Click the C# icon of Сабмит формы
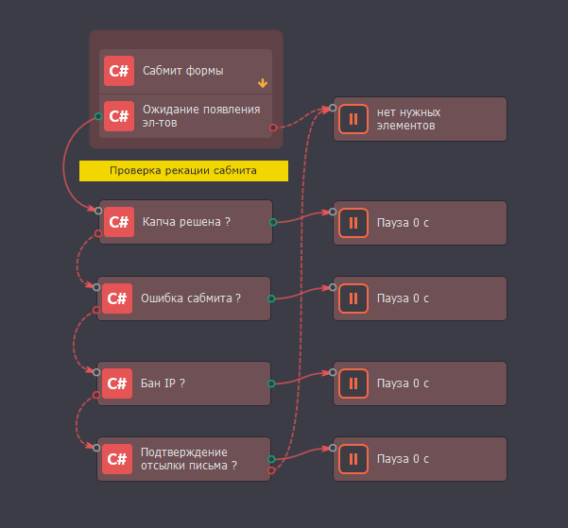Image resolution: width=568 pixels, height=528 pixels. pos(119,71)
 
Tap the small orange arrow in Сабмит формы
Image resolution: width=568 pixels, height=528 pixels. pos(263,83)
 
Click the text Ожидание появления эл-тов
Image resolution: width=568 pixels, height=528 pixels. pos(200,115)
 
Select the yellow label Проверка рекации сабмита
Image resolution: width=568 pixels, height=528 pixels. pos(182,171)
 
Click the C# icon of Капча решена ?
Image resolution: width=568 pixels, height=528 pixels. pos(119,223)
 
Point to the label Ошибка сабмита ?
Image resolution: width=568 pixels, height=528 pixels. pos(190,298)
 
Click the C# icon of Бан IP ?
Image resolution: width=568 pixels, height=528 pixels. pos(118,383)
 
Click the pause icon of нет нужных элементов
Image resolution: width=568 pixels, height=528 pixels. pos(353,119)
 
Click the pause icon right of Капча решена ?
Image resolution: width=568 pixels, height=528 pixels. pos(353,223)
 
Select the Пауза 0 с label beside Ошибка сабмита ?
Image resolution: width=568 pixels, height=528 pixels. pos(403,298)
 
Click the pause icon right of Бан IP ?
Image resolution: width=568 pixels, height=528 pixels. pos(353,383)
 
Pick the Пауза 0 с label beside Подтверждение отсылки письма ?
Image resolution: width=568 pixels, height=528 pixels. pos(403,459)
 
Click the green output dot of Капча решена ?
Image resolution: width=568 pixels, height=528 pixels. pos(273,223)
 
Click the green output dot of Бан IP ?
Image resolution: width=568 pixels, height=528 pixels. pos(271,383)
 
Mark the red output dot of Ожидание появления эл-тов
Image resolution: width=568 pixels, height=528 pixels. pos(273,127)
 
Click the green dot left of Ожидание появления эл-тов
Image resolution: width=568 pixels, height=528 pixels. pos(98,116)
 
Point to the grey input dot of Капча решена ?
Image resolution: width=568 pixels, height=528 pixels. pos(97,209)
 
